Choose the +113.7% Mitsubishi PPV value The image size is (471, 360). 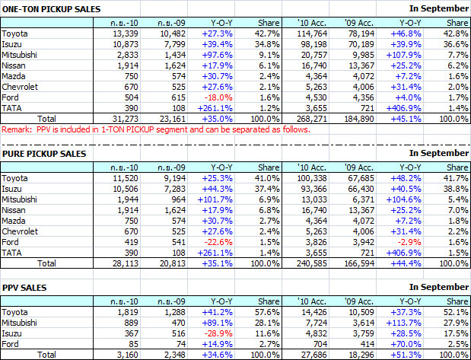click(x=415, y=321)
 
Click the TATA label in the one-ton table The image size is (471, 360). click(x=12, y=109)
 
